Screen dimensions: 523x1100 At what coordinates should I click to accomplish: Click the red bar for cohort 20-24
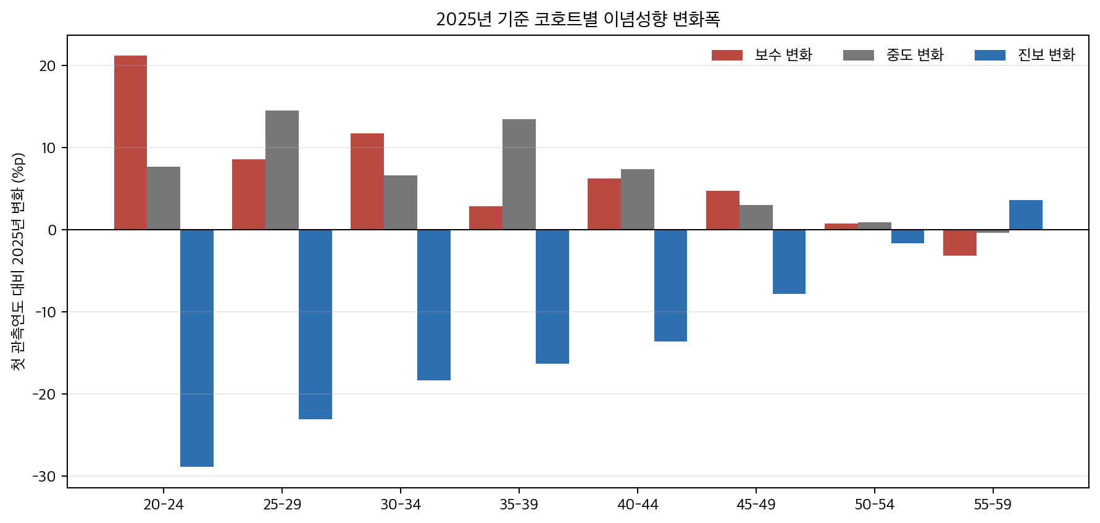click(130, 143)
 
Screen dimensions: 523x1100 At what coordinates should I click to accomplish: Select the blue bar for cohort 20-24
click(197, 348)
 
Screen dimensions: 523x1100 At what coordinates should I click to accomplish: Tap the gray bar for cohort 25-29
click(282, 170)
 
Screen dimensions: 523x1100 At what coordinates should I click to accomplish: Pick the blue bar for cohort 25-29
click(315, 324)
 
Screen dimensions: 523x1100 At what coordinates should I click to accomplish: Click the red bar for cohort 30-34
click(367, 182)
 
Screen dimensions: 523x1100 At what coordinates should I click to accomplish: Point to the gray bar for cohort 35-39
click(519, 174)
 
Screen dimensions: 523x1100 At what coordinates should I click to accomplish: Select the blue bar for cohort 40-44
click(670, 285)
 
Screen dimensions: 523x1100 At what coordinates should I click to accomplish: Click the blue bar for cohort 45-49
click(789, 261)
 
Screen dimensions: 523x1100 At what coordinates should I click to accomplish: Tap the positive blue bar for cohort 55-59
click(1026, 215)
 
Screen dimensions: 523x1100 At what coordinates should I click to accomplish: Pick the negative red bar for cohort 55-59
click(960, 242)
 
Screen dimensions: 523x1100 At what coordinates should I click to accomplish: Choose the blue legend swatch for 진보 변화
click(990, 55)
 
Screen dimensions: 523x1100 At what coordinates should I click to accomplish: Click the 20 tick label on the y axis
click(48, 66)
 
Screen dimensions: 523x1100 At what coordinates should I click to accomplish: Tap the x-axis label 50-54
click(874, 504)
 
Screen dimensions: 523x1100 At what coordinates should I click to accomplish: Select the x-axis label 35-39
click(519, 504)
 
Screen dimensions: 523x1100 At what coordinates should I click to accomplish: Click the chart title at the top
click(578, 19)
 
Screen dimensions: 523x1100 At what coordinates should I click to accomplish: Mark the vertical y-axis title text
click(19, 261)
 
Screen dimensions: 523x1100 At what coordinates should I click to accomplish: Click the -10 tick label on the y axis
click(46, 312)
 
